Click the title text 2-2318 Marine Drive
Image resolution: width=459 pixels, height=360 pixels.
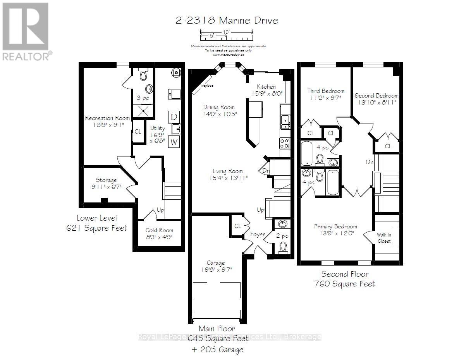227,21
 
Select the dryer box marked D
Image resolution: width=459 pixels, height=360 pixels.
174,117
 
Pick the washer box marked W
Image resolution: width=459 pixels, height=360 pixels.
174,142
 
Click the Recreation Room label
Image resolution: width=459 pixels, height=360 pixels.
105,118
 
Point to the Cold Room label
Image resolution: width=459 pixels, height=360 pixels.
159,230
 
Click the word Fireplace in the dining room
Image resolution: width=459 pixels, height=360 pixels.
206,86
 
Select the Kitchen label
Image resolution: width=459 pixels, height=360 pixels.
266,87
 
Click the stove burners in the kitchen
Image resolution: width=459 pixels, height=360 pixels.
285,143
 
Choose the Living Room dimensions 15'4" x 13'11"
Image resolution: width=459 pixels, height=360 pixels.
227,178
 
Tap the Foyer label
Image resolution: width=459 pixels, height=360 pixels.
257,234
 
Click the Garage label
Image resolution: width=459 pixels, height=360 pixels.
215,263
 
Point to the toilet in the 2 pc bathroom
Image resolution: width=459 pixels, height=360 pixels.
284,247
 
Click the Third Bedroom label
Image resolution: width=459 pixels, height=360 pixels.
325,91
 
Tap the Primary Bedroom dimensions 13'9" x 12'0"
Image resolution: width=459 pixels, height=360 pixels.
335,233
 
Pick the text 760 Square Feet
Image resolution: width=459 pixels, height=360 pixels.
344,284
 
